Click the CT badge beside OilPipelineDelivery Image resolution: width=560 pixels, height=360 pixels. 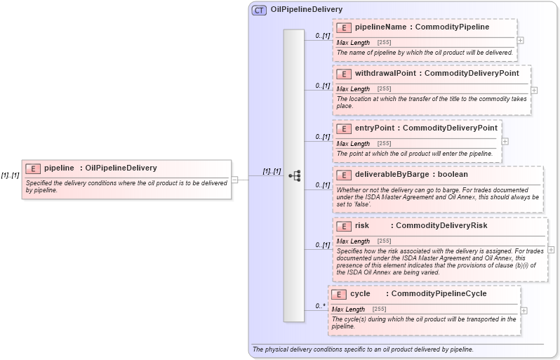pyautogui.click(x=259, y=10)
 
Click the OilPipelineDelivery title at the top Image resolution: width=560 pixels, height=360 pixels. pyautogui.click(x=306, y=10)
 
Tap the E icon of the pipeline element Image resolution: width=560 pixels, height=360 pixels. pyautogui.click(x=32, y=168)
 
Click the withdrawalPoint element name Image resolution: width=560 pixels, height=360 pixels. pyautogui.click(x=386, y=73)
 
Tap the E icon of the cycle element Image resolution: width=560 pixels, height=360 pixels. pyautogui.click(x=338, y=294)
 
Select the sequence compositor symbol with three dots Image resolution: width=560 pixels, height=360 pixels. pyautogui.click(x=294, y=175)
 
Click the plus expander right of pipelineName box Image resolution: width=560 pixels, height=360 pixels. pyautogui.click(x=520, y=40)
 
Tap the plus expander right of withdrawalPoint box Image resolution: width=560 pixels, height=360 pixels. pyautogui.click(x=534, y=90)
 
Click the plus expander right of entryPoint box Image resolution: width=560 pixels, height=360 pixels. pyautogui.click(x=505, y=141)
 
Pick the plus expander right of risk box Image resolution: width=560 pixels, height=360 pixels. pyautogui.click(x=551, y=249)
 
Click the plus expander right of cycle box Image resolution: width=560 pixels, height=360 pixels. pyautogui.click(x=524, y=309)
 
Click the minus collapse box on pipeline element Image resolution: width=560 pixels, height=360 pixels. pyautogui.click(x=235, y=180)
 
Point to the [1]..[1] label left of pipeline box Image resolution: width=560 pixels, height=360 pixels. pyautogui.click(x=10, y=175)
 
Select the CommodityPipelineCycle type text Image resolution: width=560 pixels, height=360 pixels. pyautogui.click(x=439, y=294)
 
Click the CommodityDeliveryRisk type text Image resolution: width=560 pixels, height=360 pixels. pyautogui.click(x=441, y=226)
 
